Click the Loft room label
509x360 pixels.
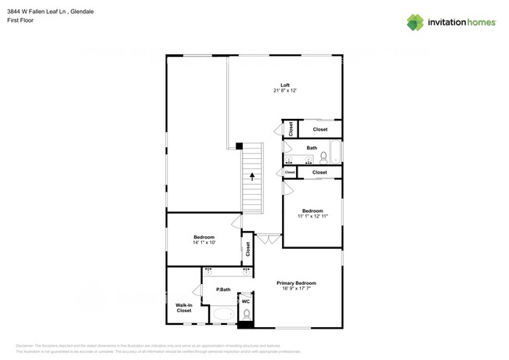pyautogui.click(x=286, y=85)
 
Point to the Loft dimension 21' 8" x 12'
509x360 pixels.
pyautogui.click(x=286, y=91)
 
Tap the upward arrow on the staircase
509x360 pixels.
pyautogui.click(x=252, y=177)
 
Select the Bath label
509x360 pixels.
pyautogui.click(x=312, y=148)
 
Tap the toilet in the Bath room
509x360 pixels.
pyautogui.click(x=323, y=160)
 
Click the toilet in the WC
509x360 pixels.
pyautogui.click(x=246, y=315)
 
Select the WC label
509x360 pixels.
pyautogui.click(x=246, y=301)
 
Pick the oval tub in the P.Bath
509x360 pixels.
pyautogui.click(x=224, y=315)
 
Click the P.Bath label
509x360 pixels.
pyautogui.click(x=223, y=290)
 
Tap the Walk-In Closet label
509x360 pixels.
pyautogui.click(x=183, y=308)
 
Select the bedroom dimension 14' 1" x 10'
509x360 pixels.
pyautogui.click(x=204, y=243)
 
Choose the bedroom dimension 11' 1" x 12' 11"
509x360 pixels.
pyautogui.click(x=312, y=215)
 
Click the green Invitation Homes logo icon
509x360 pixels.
pyautogui.click(x=416, y=22)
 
